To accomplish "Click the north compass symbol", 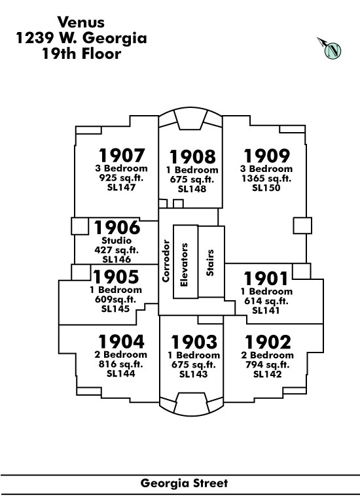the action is click(330, 48).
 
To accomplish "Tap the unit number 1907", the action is click(122, 156).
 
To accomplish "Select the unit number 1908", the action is click(192, 157).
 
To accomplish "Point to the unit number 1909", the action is click(266, 156).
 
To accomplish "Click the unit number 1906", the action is click(117, 228).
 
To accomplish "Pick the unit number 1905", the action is click(116, 277).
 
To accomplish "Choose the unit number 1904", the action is click(121, 341).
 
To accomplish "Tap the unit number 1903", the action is click(194, 342).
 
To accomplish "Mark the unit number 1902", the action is click(268, 342).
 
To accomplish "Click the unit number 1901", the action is click(266, 279).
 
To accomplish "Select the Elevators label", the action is click(184, 265).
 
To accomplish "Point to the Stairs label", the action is click(210, 263).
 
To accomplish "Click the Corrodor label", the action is click(166, 261).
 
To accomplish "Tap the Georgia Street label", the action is click(184, 483).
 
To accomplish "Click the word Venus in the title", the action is click(81, 22).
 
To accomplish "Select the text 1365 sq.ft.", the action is click(266, 178).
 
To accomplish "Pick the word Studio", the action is click(117, 240).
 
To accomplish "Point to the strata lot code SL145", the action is click(115, 309).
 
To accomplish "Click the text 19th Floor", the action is click(82, 54).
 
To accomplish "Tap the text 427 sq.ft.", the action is click(117, 250).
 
